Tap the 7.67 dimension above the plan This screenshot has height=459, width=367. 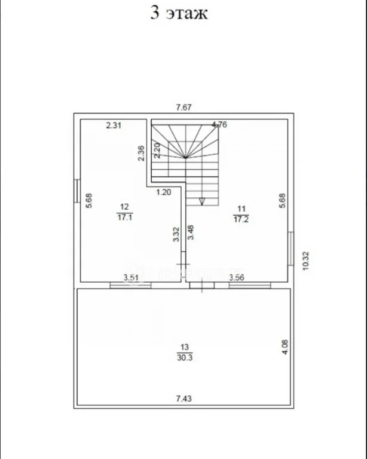point(183,108)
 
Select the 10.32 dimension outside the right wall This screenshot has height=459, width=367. point(305,261)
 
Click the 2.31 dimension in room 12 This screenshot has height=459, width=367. point(113,126)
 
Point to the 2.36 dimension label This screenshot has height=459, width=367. point(141,153)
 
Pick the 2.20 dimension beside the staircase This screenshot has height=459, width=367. point(157,151)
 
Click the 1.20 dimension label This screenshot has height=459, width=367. point(164,192)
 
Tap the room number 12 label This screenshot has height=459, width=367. point(124,207)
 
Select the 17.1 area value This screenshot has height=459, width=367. point(125,217)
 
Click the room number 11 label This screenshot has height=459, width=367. point(241,209)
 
